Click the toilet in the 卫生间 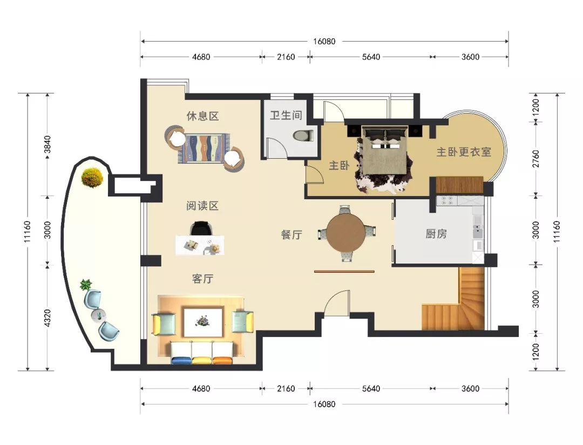303,135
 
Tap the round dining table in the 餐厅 346,233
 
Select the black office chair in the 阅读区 201,228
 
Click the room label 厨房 436,234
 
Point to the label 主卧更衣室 464,152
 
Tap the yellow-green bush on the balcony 92,178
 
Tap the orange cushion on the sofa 222,360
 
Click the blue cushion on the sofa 181,360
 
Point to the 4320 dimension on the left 47,318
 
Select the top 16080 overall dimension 324,41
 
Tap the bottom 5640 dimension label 371,388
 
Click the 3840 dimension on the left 47,144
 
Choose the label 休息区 202,116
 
